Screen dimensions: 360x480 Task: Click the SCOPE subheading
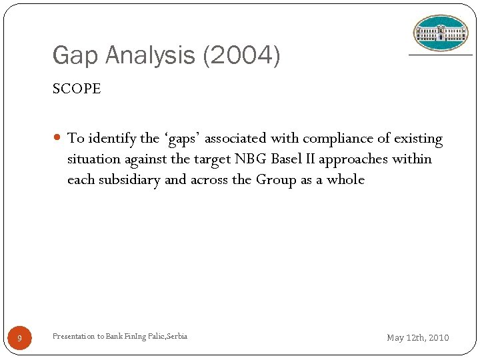pos(77,89)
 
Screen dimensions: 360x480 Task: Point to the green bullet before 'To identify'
pos(59,139)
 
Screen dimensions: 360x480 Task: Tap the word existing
pos(418,139)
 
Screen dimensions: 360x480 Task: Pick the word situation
pos(93,159)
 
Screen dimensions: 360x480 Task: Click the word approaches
pos(360,159)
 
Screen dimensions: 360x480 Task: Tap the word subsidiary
pos(127,180)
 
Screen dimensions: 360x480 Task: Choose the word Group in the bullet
pos(275,180)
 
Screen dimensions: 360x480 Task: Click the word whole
pos(345,180)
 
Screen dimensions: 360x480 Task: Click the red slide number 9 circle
pos(20,339)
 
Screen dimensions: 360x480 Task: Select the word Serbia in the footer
pos(175,336)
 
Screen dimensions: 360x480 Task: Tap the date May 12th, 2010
pos(418,338)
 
